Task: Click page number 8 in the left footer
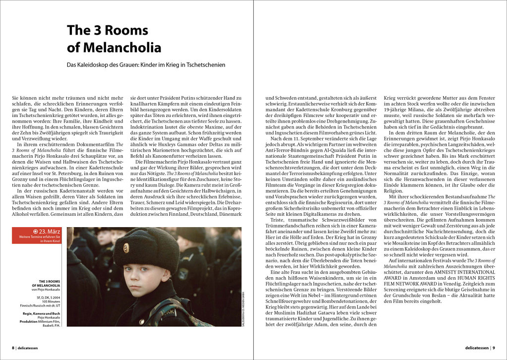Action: [13, 348]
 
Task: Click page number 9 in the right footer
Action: [494, 348]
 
